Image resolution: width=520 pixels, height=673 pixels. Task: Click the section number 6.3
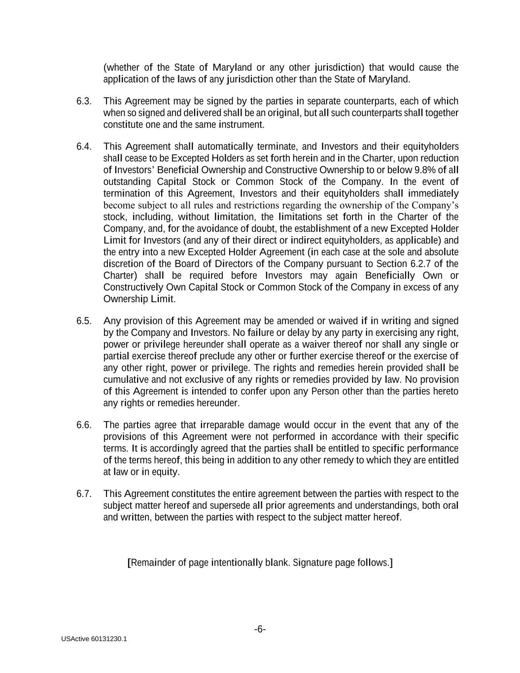[84, 101]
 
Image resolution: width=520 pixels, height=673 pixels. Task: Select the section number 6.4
[84, 146]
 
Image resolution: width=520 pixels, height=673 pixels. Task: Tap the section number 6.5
[84, 321]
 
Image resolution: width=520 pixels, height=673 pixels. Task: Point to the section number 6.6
[84, 425]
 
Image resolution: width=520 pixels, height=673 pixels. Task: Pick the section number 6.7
[84, 494]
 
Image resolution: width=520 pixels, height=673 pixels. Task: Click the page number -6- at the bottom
[260, 629]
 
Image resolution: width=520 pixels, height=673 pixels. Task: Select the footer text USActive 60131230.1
[94, 639]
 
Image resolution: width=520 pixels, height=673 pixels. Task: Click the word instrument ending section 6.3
[241, 125]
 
